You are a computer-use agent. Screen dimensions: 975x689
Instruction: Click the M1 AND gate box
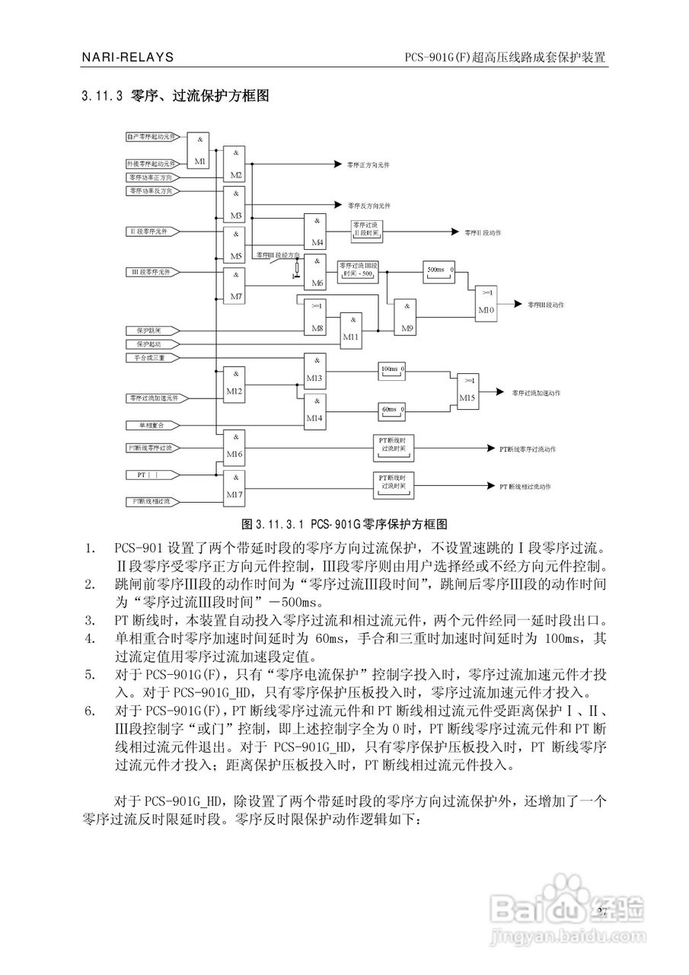point(199,150)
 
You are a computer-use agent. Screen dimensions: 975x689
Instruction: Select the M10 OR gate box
point(486,303)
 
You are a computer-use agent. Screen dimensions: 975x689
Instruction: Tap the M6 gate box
point(314,272)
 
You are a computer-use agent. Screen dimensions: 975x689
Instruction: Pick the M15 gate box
point(467,391)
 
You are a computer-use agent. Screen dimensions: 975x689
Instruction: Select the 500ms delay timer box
point(439,270)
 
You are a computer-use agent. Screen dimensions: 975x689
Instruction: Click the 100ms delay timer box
point(393,371)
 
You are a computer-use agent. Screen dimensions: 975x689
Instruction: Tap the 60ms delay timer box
point(393,411)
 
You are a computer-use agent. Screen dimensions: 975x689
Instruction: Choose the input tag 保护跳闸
point(153,331)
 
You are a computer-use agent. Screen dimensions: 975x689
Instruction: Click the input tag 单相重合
point(153,424)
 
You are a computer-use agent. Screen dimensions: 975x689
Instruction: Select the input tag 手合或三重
point(153,357)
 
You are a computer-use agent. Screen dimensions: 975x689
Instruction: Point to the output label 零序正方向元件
point(369,164)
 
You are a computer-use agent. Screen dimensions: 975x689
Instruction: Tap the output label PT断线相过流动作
point(525,486)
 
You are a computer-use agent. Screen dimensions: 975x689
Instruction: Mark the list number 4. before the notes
point(91,637)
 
